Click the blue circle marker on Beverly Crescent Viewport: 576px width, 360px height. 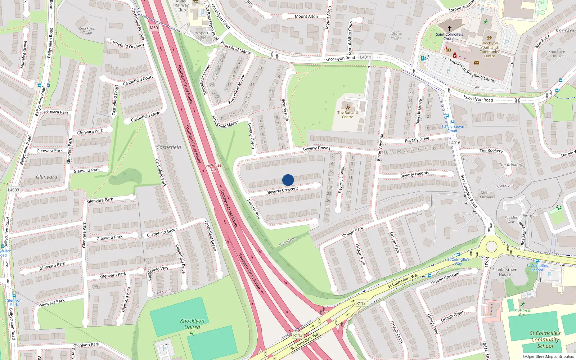(x=288, y=180)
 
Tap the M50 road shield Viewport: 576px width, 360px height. (x=154, y=28)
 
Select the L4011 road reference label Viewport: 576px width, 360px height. (x=365, y=57)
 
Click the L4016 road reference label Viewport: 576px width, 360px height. (x=455, y=143)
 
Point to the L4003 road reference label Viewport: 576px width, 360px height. (x=14, y=190)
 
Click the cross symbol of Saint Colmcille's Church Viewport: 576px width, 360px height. (x=449, y=28)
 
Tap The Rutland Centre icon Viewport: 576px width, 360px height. (x=347, y=107)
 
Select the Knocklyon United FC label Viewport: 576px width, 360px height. (x=192, y=327)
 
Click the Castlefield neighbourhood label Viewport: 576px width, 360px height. (x=169, y=147)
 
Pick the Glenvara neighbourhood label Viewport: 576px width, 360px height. (x=46, y=177)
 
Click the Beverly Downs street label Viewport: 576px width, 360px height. (x=316, y=148)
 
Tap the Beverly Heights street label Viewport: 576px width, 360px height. (x=415, y=174)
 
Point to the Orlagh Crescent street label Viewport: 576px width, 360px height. (x=445, y=278)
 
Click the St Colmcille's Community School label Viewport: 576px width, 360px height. (x=545, y=339)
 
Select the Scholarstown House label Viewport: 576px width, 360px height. (x=504, y=272)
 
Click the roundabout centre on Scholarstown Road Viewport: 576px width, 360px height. (x=491, y=247)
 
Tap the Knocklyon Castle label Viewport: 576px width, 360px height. (x=87, y=30)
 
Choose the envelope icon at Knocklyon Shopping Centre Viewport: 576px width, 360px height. (x=477, y=62)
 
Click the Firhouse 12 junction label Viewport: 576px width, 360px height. (x=214, y=167)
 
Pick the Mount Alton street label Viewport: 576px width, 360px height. (x=306, y=16)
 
